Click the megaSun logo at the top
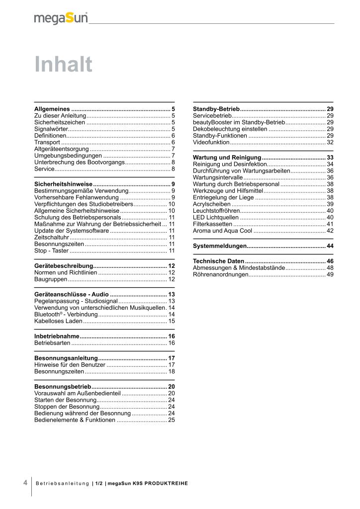[x=61, y=18]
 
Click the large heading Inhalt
[x=64, y=65]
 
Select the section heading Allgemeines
[x=52, y=108]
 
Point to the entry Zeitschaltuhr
[x=52, y=237]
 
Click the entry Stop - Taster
[x=51, y=251]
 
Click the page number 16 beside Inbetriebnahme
[x=172, y=337]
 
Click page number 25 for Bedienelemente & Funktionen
[x=172, y=420]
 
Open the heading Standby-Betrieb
[x=216, y=108]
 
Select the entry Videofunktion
[x=211, y=142]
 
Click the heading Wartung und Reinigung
[x=227, y=158]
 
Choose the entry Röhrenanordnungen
[x=220, y=274]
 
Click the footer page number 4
[x=25, y=482]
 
